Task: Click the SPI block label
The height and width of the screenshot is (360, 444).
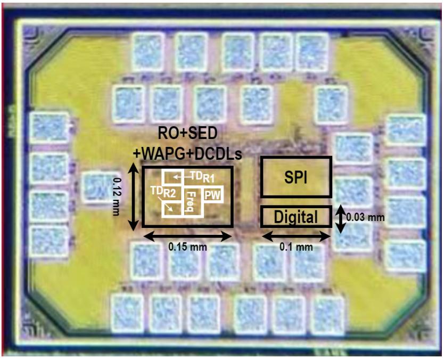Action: pyautogui.click(x=296, y=178)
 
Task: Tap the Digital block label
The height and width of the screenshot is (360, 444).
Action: pyautogui.click(x=295, y=217)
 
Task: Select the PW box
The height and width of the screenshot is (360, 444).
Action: pyautogui.click(x=212, y=194)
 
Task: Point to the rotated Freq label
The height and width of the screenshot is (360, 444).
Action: pyautogui.click(x=190, y=201)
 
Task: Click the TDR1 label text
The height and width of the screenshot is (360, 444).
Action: pyautogui.click(x=202, y=177)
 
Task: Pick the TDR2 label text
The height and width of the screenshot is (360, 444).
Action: pyautogui.click(x=163, y=192)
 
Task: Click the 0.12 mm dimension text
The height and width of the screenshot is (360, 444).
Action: pyautogui.click(x=117, y=197)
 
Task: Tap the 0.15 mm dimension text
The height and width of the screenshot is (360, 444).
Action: pyautogui.click(x=187, y=247)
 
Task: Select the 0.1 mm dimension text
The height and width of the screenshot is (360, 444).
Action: pyautogui.click(x=296, y=247)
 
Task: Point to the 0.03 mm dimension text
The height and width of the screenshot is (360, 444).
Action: pyautogui.click(x=366, y=217)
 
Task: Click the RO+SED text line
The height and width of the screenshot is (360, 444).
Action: pyautogui.click(x=187, y=134)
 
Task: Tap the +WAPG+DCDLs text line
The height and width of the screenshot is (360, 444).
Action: pyautogui.click(x=187, y=154)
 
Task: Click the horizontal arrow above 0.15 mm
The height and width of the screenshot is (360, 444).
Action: pyautogui.click(x=187, y=236)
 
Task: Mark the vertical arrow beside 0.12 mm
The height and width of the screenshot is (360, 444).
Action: pyautogui.click(x=133, y=197)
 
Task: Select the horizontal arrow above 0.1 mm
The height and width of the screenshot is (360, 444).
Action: pyautogui.click(x=296, y=236)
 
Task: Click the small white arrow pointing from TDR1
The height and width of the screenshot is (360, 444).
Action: pyautogui.click(x=182, y=177)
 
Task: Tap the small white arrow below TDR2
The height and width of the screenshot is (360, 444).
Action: pyautogui.click(x=167, y=205)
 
